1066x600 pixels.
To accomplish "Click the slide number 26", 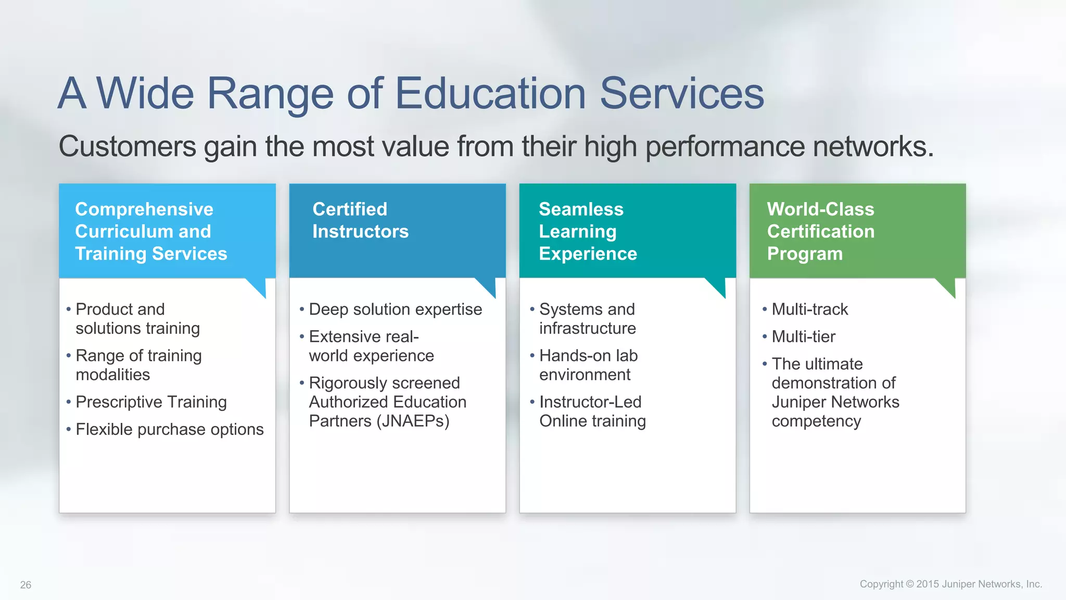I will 26,585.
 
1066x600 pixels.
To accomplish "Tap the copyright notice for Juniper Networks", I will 950,584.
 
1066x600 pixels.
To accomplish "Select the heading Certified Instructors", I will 360,220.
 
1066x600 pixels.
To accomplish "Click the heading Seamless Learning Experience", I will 588,231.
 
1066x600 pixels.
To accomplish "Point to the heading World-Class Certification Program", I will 820,231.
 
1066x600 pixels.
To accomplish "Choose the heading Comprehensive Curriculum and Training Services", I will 151,231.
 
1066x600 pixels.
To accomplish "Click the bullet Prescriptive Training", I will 151,402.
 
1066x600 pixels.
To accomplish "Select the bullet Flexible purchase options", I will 169,429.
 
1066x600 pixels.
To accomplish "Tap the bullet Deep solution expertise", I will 395,309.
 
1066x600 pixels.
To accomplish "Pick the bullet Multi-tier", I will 803,336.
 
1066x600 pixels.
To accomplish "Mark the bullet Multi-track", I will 809,309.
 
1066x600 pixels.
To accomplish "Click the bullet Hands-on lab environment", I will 588,365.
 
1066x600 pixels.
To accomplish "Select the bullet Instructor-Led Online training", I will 592,411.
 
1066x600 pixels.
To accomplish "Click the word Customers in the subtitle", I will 128,146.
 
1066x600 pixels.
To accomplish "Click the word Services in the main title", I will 682,94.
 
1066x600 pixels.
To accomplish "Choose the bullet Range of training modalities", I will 138,365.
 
